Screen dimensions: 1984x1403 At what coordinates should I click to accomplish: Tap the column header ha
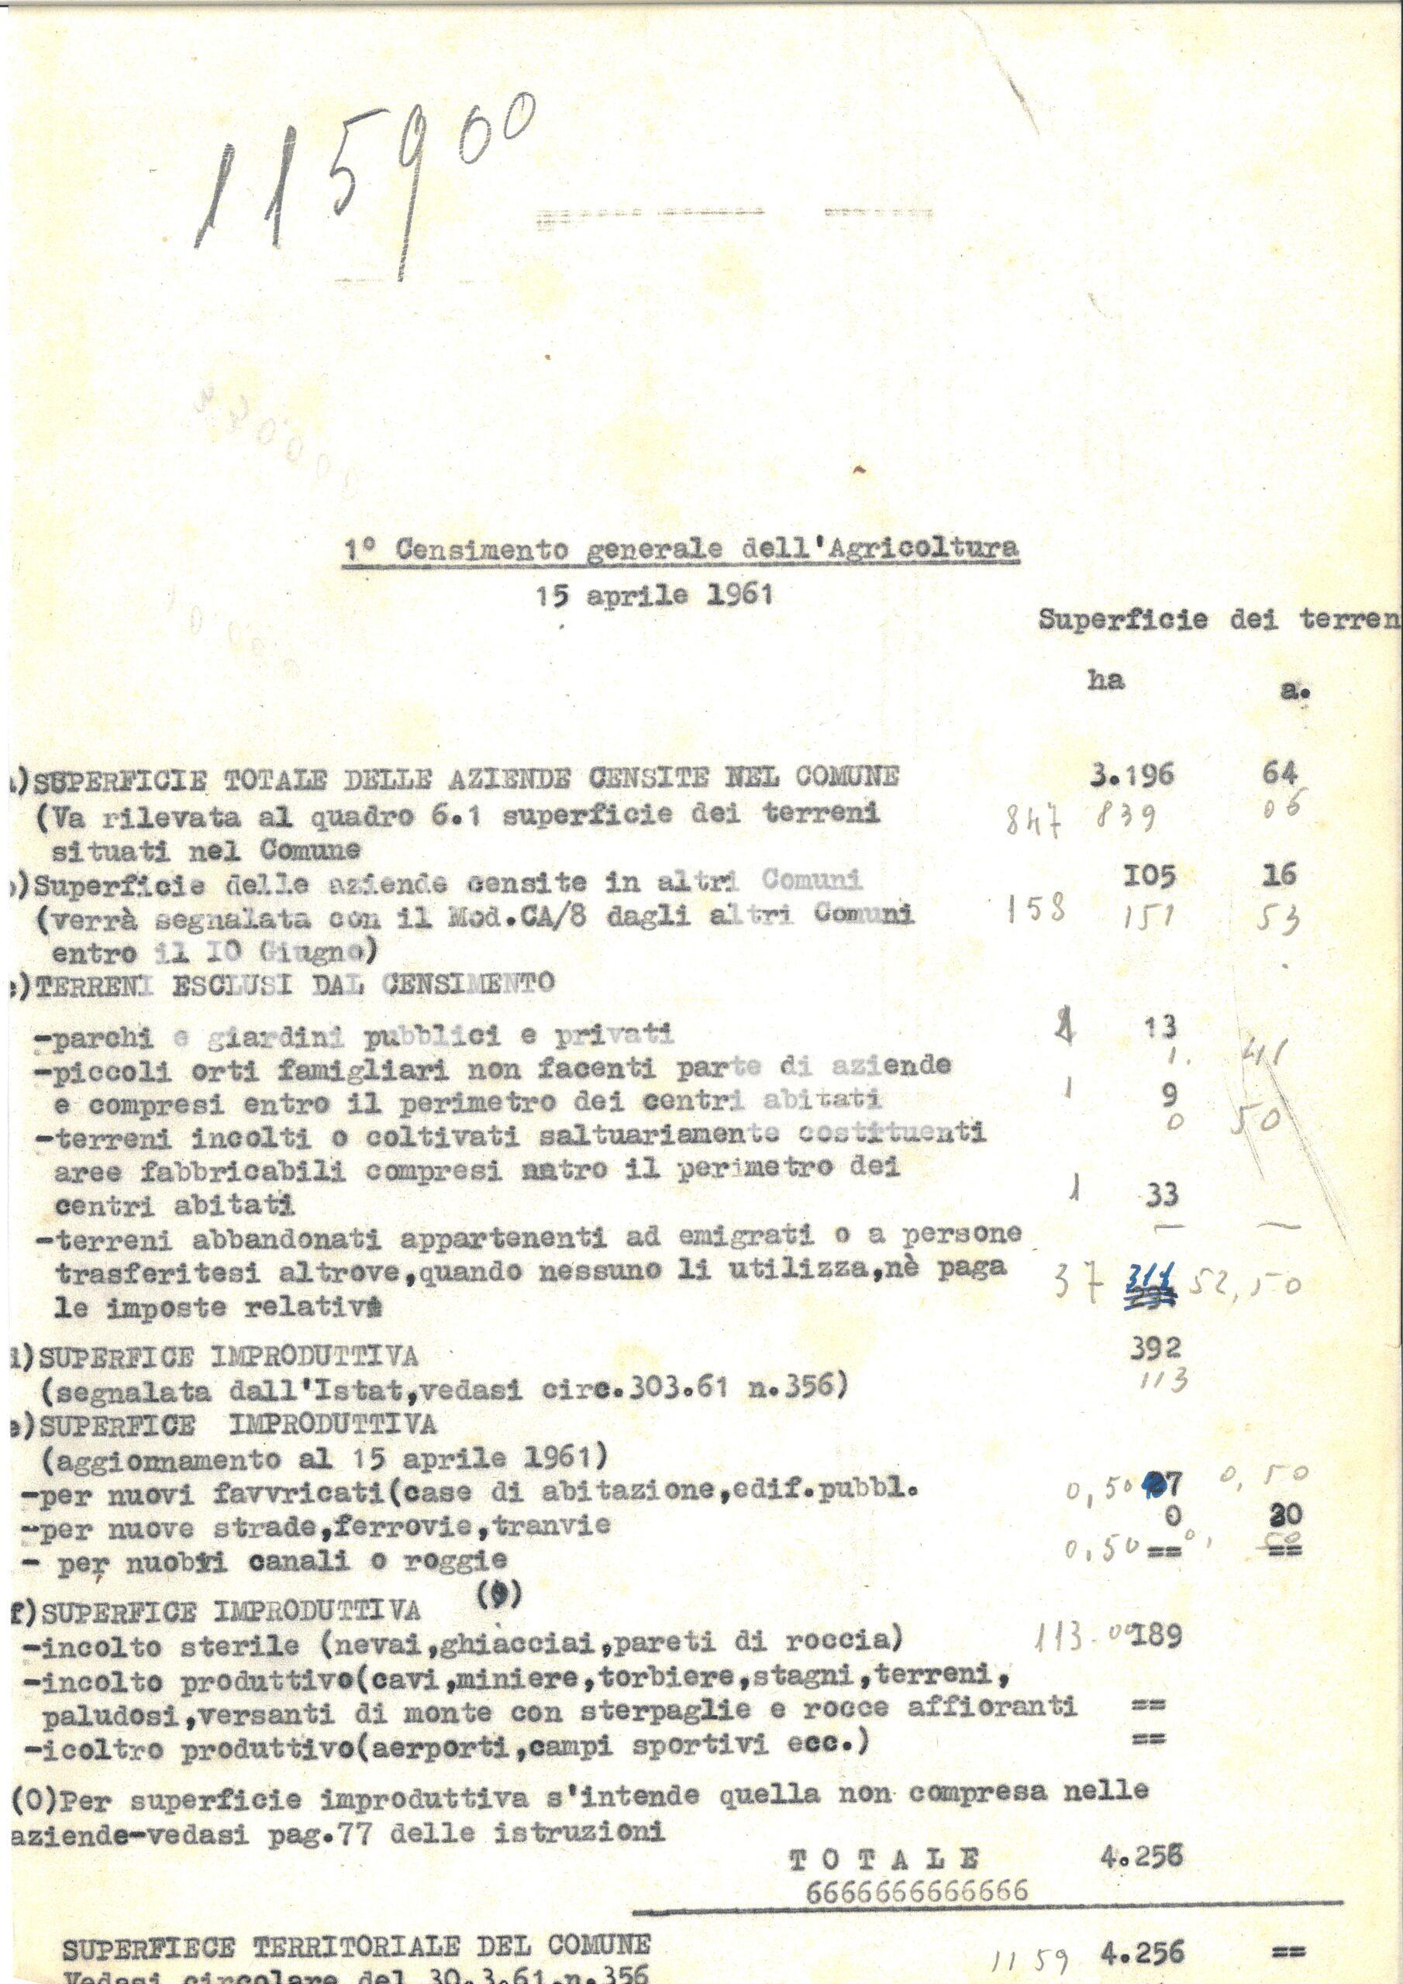click(x=1105, y=679)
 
